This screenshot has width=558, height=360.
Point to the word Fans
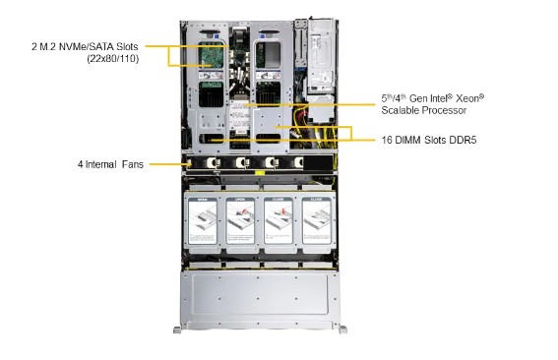pyautogui.click(x=135, y=163)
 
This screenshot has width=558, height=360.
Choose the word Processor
pyautogui.click(x=449, y=112)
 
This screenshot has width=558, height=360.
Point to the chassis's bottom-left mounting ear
pyautogui.click(x=177, y=329)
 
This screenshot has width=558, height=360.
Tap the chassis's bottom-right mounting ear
pyautogui.click(x=341, y=329)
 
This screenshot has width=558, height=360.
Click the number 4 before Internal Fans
pyautogui.click(x=82, y=163)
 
